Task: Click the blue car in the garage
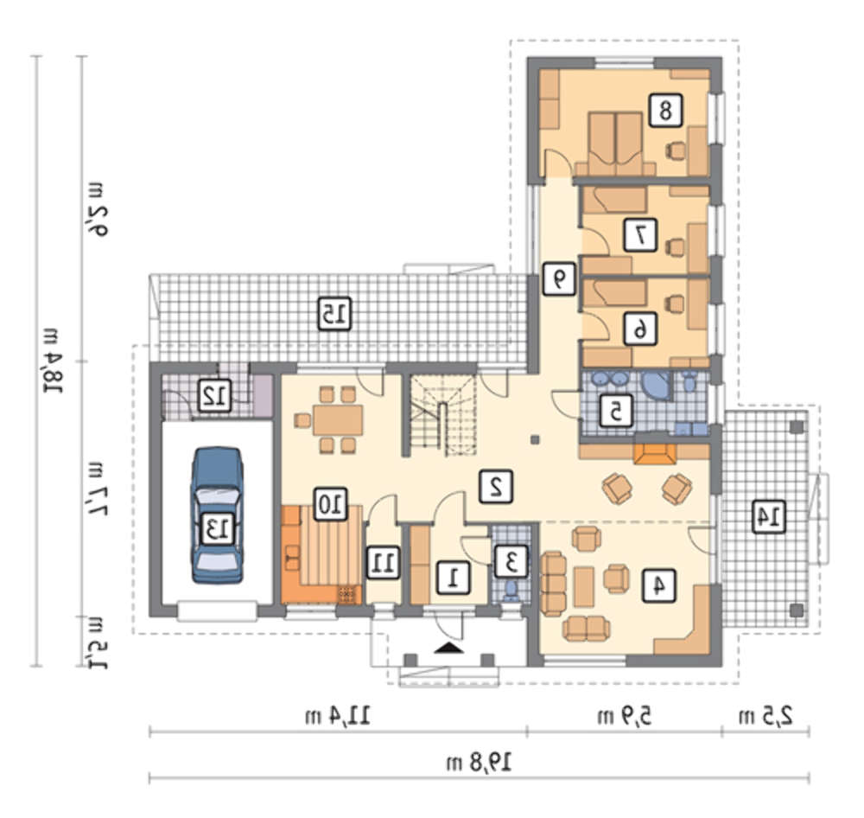click(217, 515)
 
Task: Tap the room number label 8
click(665, 111)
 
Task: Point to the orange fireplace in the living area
click(655, 453)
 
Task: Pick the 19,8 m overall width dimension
click(479, 764)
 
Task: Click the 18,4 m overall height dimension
click(54, 361)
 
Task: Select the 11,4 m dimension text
click(338, 717)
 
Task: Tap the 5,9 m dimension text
click(624, 717)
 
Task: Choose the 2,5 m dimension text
click(766, 717)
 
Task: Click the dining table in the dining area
click(338, 420)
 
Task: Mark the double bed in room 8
click(615, 143)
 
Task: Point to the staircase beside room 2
click(442, 415)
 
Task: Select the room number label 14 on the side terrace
click(769, 516)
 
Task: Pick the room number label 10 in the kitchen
click(330, 503)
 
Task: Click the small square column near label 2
click(533, 439)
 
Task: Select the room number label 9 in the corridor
click(559, 279)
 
